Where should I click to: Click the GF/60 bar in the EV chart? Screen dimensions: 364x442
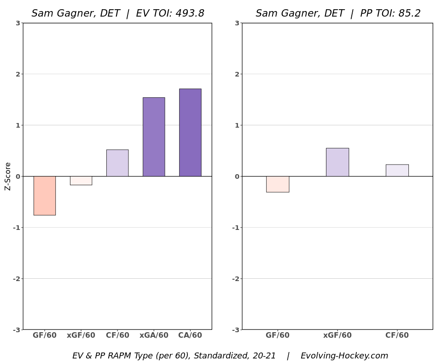(45, 195)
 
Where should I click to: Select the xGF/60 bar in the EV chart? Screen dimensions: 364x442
(81, 181)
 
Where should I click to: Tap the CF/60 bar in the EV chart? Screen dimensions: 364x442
(117, 163)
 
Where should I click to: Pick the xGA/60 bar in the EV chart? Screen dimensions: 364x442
(154, 137)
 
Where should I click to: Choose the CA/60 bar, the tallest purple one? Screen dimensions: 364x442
(190, 132)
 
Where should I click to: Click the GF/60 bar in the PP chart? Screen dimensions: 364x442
(278, 184)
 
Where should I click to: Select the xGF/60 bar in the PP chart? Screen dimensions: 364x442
(337, 162)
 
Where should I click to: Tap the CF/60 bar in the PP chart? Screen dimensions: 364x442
(397, 170)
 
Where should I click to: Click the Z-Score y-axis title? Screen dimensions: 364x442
(8, 176)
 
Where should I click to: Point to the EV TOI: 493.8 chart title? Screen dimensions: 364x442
(118, 13)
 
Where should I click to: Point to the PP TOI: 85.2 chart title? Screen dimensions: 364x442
(338, 13)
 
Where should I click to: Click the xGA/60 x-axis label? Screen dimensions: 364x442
(154, 335)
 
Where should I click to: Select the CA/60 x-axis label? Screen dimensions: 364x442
(190, 335)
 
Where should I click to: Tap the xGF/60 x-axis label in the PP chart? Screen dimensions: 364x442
(337, 335)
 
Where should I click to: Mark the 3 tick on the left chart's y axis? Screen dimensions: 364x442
(17, 23)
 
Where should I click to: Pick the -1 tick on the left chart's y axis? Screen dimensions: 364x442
(16, 228)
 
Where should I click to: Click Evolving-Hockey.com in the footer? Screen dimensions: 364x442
(344, 356)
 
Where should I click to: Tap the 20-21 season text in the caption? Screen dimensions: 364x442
(263, 356)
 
